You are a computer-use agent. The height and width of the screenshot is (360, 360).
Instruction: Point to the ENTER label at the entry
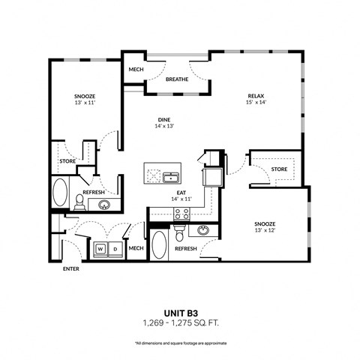[70, 268]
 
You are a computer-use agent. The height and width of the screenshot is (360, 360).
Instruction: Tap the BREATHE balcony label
[176, 79]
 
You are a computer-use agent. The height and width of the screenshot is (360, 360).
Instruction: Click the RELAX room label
[258, 96]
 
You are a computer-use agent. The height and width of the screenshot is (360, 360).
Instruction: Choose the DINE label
[164, 119]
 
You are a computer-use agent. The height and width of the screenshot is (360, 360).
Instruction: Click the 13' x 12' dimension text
[264, 231]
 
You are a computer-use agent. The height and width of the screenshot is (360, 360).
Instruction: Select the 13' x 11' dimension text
[84, 103]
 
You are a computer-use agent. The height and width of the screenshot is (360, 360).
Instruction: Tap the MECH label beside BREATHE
[135, 70]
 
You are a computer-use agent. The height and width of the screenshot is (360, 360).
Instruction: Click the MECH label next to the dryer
[136, 248]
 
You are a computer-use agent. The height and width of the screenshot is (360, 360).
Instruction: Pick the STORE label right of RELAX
[279, 169]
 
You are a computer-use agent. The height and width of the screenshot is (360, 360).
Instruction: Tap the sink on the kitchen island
[171, 177]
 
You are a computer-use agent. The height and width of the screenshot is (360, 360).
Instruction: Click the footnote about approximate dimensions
[179, 343]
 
